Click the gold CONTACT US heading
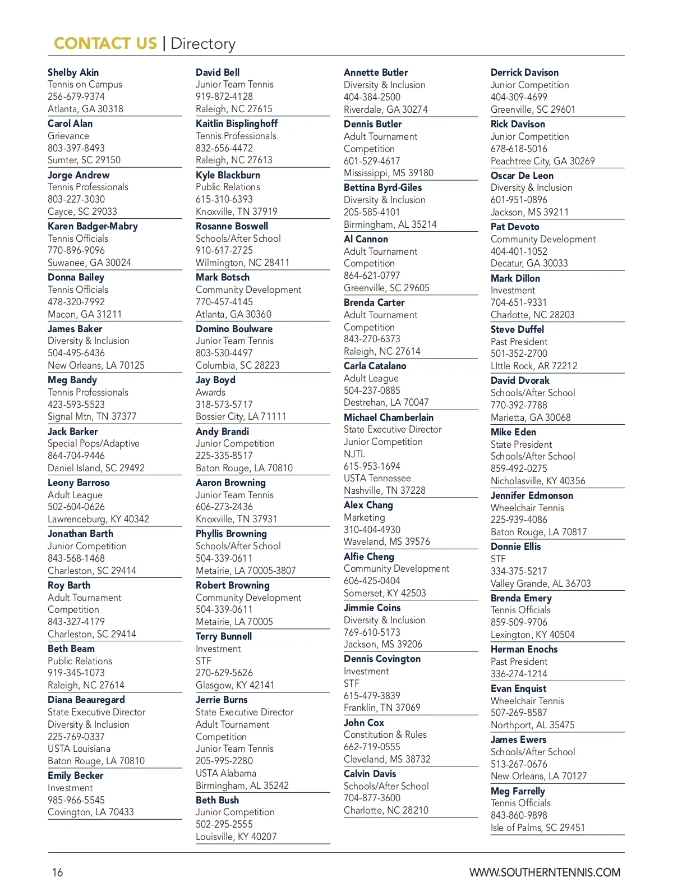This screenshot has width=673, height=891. [105, 44]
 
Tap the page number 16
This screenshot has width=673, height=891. [57, 872]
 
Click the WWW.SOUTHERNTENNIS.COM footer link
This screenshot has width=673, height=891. [545, 872]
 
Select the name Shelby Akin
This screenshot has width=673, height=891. [73, 72]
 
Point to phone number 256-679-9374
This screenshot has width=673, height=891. [76, 97]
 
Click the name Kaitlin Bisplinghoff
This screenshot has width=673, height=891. [236, 123]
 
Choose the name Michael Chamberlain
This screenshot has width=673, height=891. [388, 417]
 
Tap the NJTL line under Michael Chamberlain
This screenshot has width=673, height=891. [354, 454]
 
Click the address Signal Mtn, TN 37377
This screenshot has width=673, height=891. [91, 416]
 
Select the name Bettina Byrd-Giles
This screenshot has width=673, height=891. [382, 187]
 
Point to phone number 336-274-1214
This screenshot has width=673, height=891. [518, 674]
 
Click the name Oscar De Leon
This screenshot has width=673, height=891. [522, 176]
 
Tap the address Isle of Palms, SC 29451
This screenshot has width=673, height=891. [537, 828]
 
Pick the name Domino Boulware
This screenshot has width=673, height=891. [234, 329]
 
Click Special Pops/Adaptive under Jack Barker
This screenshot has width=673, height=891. [93, 443]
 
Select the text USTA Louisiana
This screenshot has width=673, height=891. [79, 748]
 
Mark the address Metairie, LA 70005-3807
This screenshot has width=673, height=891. [245, 571]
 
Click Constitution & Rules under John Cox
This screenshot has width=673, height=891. [385, 734]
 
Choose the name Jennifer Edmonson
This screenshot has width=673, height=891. [531, 495]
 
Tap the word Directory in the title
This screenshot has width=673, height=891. [202, 44]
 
